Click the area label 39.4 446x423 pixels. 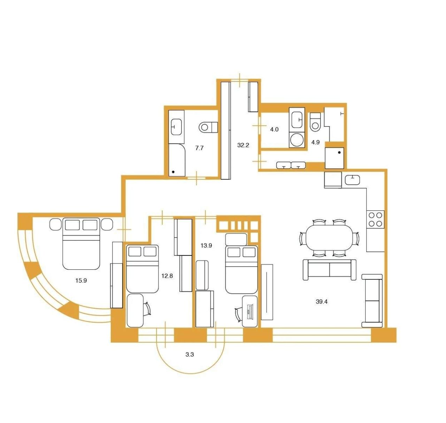[322, 302]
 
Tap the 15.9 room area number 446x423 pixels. [81, 280]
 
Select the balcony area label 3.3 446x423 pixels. [190, 354]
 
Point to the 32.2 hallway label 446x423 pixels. [243, 145]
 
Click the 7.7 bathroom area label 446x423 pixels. [199, 148]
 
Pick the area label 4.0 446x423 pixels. [274, 129]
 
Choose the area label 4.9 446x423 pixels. [315, 142]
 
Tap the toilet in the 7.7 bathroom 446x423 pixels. [208, 127]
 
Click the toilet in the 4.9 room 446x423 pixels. [315, 122]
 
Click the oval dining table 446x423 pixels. [329, 238]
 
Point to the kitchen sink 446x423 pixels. [352, 180]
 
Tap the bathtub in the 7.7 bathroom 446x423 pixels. [177, 160]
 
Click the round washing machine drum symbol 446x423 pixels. [297, 140]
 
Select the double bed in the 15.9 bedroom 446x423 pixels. [81, 244]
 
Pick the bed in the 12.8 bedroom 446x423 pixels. [142, 269]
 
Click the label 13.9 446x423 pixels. [206, 245]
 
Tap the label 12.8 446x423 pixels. [167, 276]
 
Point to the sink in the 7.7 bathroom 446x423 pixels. [176, 127]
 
